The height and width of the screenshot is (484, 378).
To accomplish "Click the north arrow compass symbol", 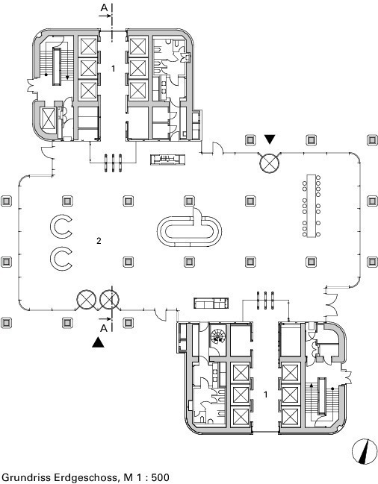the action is tap(365, 451).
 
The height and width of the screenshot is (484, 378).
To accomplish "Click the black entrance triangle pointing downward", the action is tap(270, 139).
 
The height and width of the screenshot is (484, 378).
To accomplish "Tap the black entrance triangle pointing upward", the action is tap(98, 342).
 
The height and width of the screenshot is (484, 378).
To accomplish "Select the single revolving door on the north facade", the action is tap(269, 163).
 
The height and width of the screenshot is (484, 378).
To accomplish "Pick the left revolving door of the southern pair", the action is tap(86, 299).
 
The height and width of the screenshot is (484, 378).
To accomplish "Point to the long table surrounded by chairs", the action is tap(312, 206).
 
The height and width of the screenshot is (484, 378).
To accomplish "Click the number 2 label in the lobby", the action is tap(99, 241).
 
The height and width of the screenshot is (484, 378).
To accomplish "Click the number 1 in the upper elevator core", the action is tap(113, 69).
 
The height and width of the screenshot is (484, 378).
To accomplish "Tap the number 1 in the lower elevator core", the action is tap(265, 395).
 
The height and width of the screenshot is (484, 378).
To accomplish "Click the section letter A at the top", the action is tap(104, 7).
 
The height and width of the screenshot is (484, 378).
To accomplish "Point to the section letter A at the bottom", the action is tap(104, 328).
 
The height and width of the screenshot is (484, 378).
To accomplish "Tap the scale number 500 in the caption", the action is tap(160, 477).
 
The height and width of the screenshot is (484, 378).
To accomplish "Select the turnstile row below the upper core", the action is tap(113, 163).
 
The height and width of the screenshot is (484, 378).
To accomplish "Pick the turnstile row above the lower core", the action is tap(265, 300).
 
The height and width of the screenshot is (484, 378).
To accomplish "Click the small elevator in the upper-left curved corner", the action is tap(49, 119).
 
